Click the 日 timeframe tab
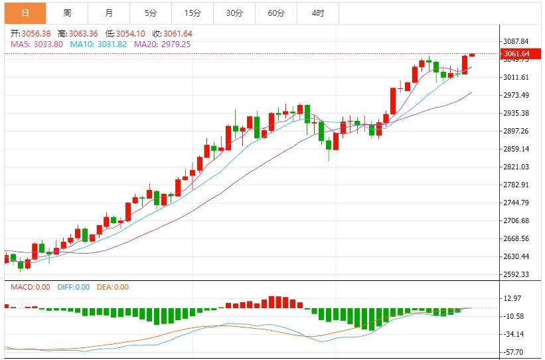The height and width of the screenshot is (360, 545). (x=25, y=13)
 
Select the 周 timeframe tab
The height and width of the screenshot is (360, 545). (x=67, y=13)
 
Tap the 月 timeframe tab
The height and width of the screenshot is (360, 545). (x=108, y=13)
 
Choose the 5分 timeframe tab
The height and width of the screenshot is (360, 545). (x=151, y=13)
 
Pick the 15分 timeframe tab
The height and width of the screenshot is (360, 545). (x=193, y=13)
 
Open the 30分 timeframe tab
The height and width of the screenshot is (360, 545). (x=234, y=13)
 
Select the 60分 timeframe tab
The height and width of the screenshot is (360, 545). (x=276, y=13)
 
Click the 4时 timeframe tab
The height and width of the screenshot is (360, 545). (x=318, y=13)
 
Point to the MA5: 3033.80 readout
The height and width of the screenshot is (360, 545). (x=37, y=44)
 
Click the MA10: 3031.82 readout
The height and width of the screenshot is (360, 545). (x=100, y=44)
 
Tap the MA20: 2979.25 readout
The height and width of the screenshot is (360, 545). (x=163, y=44)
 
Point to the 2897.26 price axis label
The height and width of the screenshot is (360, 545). (x=516, y=131)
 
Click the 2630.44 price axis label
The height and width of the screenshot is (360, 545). (x=516, y=256)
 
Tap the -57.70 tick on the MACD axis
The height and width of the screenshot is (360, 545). (x=514, y=352)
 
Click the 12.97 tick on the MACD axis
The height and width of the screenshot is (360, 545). (x=512, y=298)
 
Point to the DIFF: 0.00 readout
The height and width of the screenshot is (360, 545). (x=73, y=287)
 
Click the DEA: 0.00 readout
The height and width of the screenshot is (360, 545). (x=112, y=287)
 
